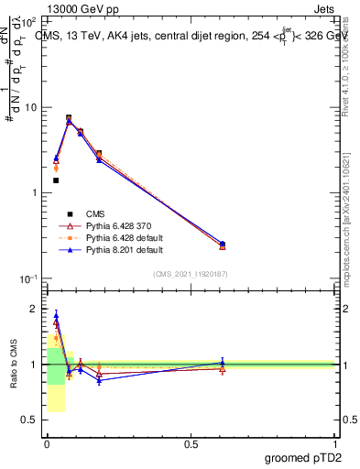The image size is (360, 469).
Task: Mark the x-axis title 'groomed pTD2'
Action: pos(302,457)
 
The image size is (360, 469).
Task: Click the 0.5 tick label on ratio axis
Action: pos(28,420)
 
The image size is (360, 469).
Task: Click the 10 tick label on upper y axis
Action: pos(30,108)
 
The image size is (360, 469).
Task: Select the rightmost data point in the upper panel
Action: pos(223,245)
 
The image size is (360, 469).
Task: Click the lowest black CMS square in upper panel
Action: pos(56,180)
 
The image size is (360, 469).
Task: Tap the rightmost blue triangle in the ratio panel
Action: pos(223,362)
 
